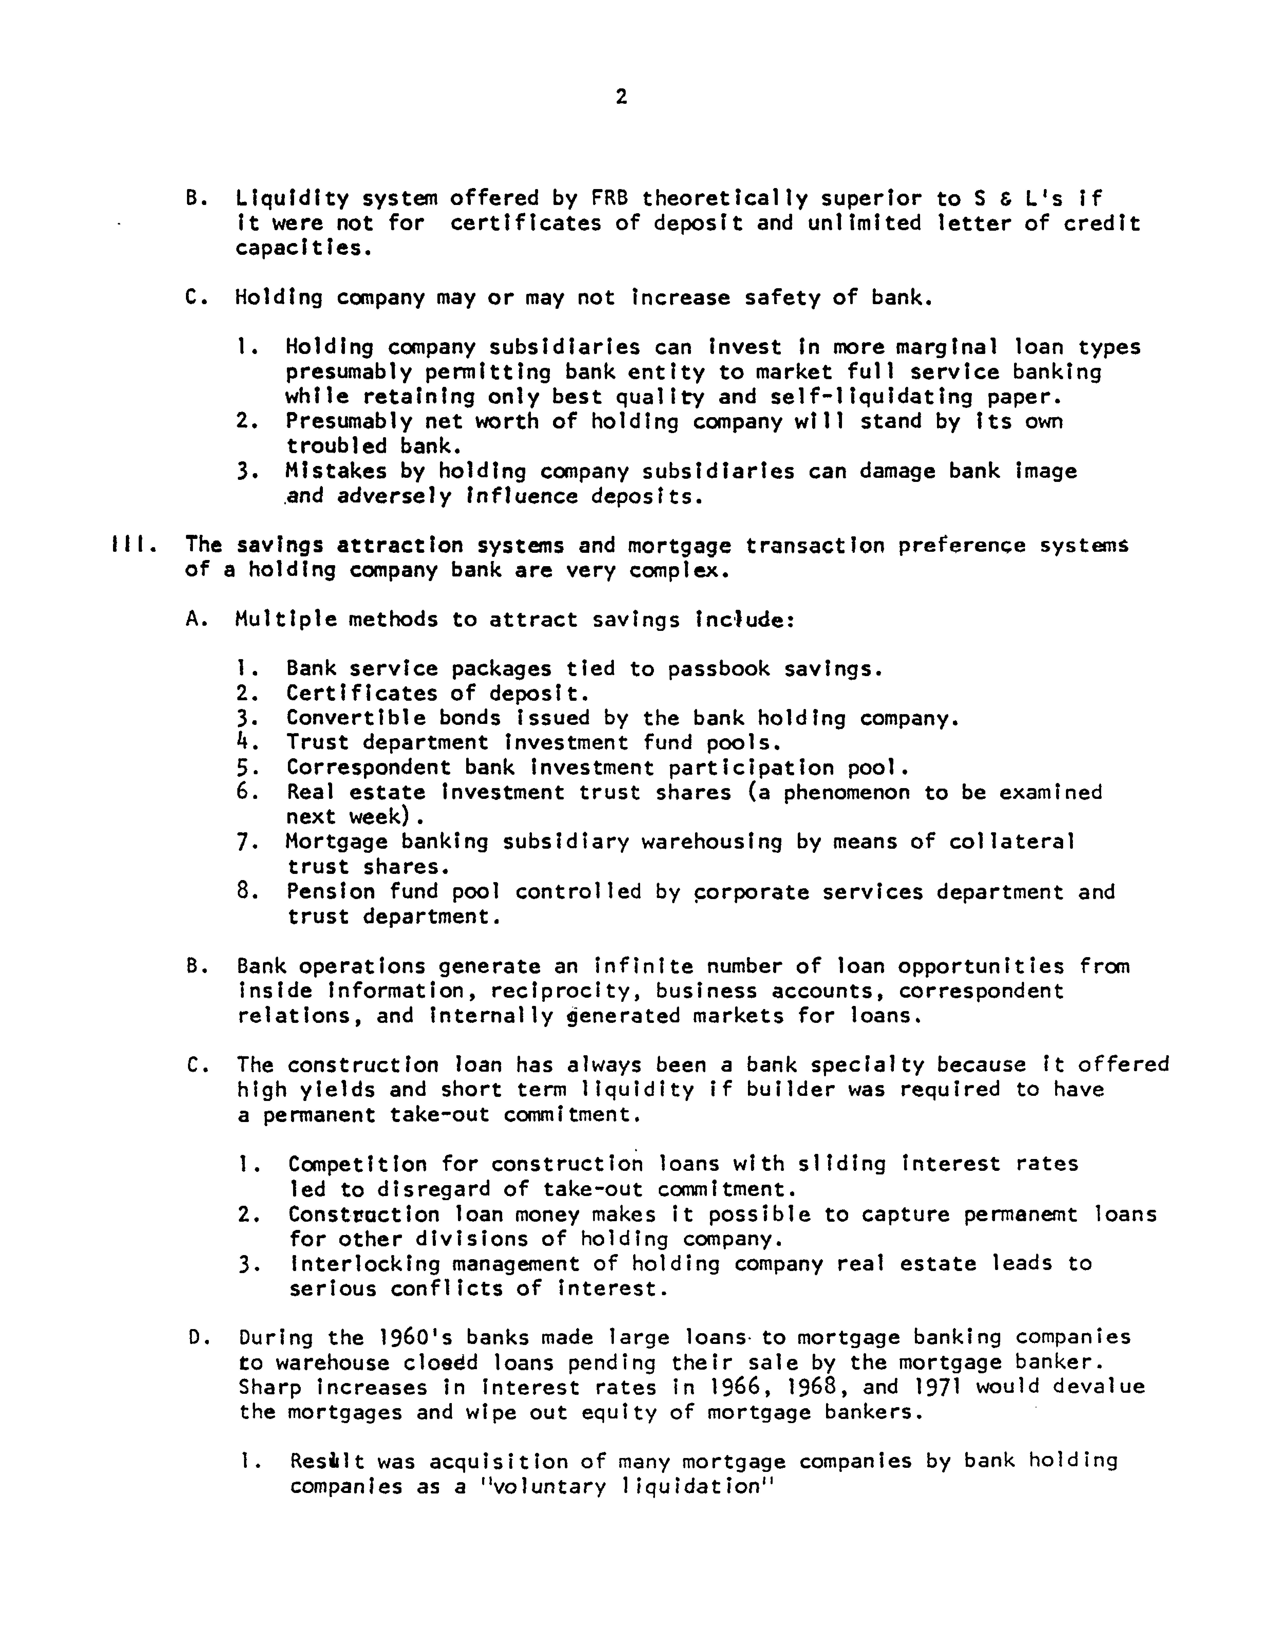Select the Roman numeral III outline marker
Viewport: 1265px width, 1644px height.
point(133,544)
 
